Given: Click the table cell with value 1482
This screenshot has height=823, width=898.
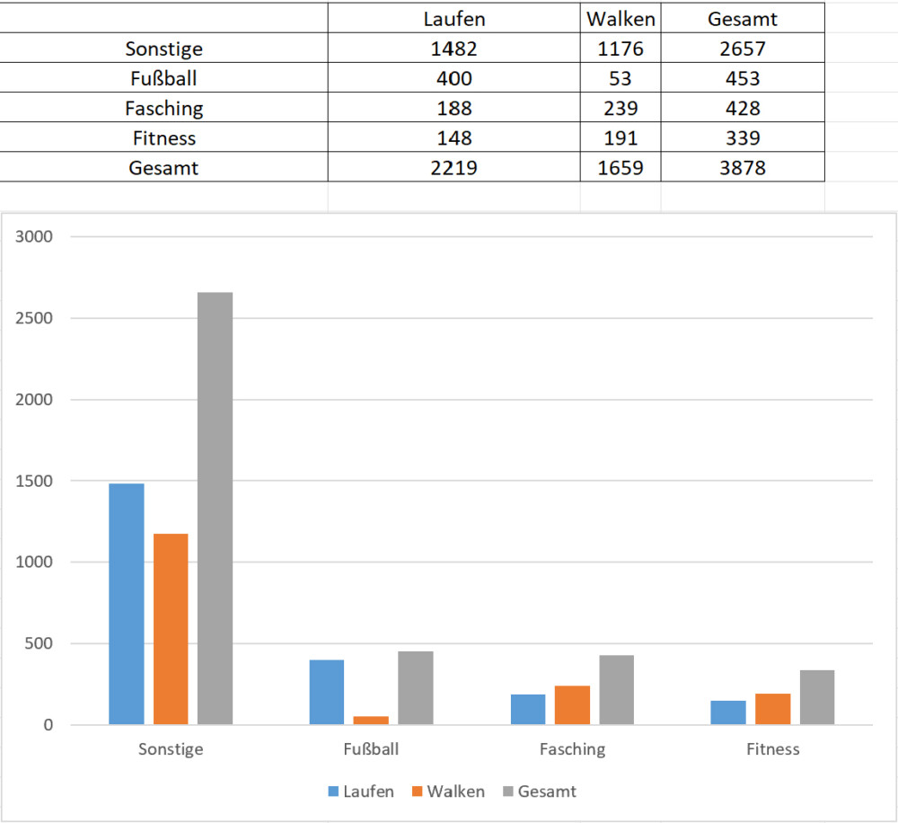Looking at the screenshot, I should click(x=453, y=49).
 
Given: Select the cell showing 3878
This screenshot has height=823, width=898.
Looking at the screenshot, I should click(x=742, y=166).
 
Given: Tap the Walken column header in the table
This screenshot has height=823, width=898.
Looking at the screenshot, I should click(x=621, y=19).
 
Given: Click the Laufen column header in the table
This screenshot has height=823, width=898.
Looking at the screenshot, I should click(x=453, y=19).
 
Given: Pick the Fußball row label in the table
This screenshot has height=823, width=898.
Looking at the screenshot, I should click(x=164, y=78).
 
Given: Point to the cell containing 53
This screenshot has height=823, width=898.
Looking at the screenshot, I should click(x=621, y=78).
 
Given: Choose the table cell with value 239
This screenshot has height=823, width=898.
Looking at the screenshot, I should click(x=621, y=108).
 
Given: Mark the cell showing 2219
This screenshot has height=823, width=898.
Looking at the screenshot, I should click(x=453, y=166).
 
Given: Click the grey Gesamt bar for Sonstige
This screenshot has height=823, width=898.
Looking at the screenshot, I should click(x=216, y=508).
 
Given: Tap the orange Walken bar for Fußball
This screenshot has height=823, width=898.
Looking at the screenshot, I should click(x=371, y=720).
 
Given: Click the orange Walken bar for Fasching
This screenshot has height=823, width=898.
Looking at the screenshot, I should click(x=572, y=704).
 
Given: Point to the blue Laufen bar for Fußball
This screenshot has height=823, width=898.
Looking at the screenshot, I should click(x=327, y=692).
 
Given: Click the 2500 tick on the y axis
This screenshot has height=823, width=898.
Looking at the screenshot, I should click(x=35, y=318).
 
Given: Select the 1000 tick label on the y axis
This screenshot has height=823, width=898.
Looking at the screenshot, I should click(x=35, y=562).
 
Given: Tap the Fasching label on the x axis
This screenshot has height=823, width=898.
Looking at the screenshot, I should click(x=572, y=749).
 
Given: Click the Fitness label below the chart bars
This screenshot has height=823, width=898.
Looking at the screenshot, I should click(x=772, y=749).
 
